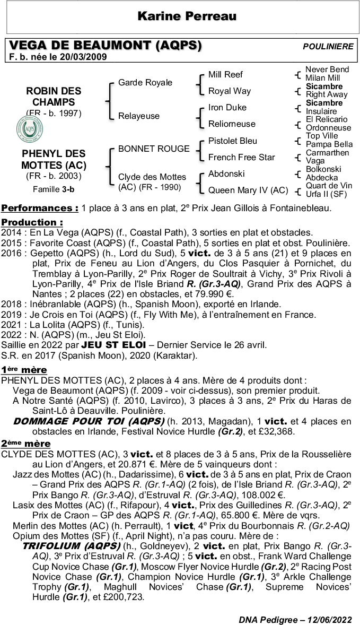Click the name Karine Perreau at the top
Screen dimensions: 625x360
pyautogui.click(x=187, y=17)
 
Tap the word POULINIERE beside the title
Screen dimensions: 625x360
pyautogui.click(x=328, y=47)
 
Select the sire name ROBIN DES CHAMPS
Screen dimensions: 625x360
pyautogui.click(x=50, y=96)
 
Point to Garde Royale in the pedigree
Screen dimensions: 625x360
pyautogui.click(x=145, y=83)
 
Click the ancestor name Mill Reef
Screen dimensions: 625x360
pyautogui.click(x=225, y=75)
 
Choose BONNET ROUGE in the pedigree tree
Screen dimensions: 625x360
pyautogui.click(x=154, y=149)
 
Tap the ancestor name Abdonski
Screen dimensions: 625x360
pyautogui.click(x=226, y=173)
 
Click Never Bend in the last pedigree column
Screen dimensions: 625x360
pyautogui.click(x=327, y=70)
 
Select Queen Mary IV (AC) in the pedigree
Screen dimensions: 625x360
pyautogui.click(x=248, y=190)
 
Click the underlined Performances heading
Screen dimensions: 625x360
pyautogui.click(x=40, y=207)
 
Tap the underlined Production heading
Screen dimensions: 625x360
pyautogui.click(x=32, y=222)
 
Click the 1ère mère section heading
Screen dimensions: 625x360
pyautogui.click(x=24, y=370)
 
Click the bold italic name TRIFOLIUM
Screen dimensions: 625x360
pyautogui.click(x=71, y=546)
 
